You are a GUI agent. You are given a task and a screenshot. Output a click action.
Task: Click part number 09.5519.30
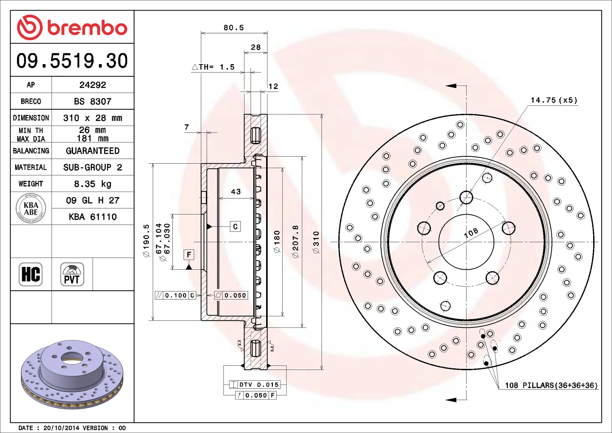[x=72, y=61]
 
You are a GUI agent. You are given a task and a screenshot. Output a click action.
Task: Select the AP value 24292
[x=93, y=85]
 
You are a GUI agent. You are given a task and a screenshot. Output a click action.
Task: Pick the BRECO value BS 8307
[x=93, y=101]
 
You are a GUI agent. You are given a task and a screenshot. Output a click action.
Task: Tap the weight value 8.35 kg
[x=93, y=184]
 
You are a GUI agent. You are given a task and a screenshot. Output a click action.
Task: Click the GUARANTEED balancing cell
[x=93, y=151]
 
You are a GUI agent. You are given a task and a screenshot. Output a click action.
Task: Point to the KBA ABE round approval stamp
[x=31, y=208]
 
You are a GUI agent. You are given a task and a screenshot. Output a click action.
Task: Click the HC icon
[x=31, y=274]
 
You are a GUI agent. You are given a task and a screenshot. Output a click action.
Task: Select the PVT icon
[x=72, y=274]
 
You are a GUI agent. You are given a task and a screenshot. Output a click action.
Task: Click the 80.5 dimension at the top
[x=234, y=28]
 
